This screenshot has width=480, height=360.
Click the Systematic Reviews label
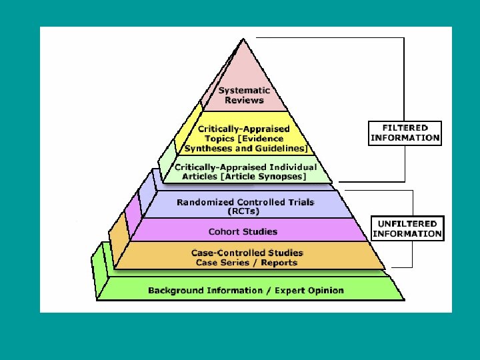point(244,95)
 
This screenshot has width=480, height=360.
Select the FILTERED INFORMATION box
point(405,132)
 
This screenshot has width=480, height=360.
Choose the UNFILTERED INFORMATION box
point(407,229)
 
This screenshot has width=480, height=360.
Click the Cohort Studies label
point(243,232)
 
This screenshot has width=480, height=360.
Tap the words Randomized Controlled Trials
point(245,202)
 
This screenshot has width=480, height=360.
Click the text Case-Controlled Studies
point(247,253)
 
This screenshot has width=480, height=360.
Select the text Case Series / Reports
point(247,263)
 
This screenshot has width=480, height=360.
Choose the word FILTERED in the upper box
point(405,127)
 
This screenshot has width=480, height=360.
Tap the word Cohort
point(224,232)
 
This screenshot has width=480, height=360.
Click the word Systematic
point(244,90)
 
